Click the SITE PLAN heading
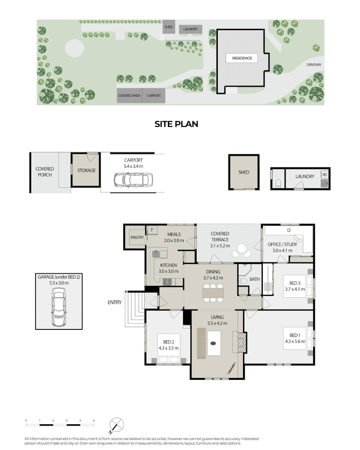tap(176, 124)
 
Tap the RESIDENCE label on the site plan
tap(242, 58)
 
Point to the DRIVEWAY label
tap(314, 65)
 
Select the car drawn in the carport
tap(133, 180)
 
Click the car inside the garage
tap(58, 307)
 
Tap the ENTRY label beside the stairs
tap(115, 302)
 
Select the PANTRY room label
tap(137, 237)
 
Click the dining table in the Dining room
tap(213, 293)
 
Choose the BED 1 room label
tap(295, 335)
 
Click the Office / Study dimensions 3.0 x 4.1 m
tap(282, 251)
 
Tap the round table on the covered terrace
tap(242, 248)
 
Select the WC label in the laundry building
tap(325, 175)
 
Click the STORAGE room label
tap(86, 171)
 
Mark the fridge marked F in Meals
tap(152, 230)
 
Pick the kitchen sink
tap(156, 254)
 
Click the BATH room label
tap(254, 279)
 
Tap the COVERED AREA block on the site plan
tap(129, 95)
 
